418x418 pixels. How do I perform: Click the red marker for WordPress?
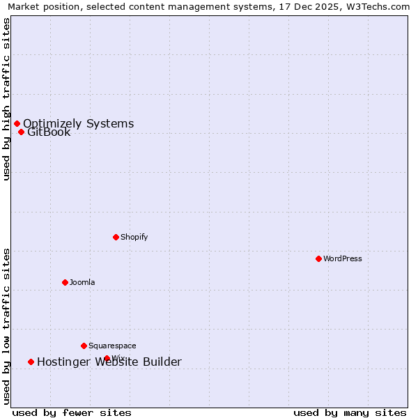318,258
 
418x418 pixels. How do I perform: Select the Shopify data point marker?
116,237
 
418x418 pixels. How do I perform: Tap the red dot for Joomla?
65,282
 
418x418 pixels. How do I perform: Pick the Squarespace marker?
84,346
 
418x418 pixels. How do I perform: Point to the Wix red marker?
107,358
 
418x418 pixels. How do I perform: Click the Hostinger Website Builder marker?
31,362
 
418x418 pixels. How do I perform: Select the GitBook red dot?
21,132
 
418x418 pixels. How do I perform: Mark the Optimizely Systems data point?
17,123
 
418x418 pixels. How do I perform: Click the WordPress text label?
343,258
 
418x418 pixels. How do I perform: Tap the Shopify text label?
134,237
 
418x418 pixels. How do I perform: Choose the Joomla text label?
82,282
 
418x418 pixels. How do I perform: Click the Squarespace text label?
112,346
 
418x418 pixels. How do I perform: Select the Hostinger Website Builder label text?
109,362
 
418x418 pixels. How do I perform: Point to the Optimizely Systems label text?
79,123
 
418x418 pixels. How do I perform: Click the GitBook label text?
49,132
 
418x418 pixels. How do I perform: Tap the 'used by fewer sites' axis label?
72,412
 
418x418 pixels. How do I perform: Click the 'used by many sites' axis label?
350,412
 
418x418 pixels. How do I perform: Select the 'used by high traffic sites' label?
6,99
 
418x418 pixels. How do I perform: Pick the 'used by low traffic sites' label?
6,326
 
